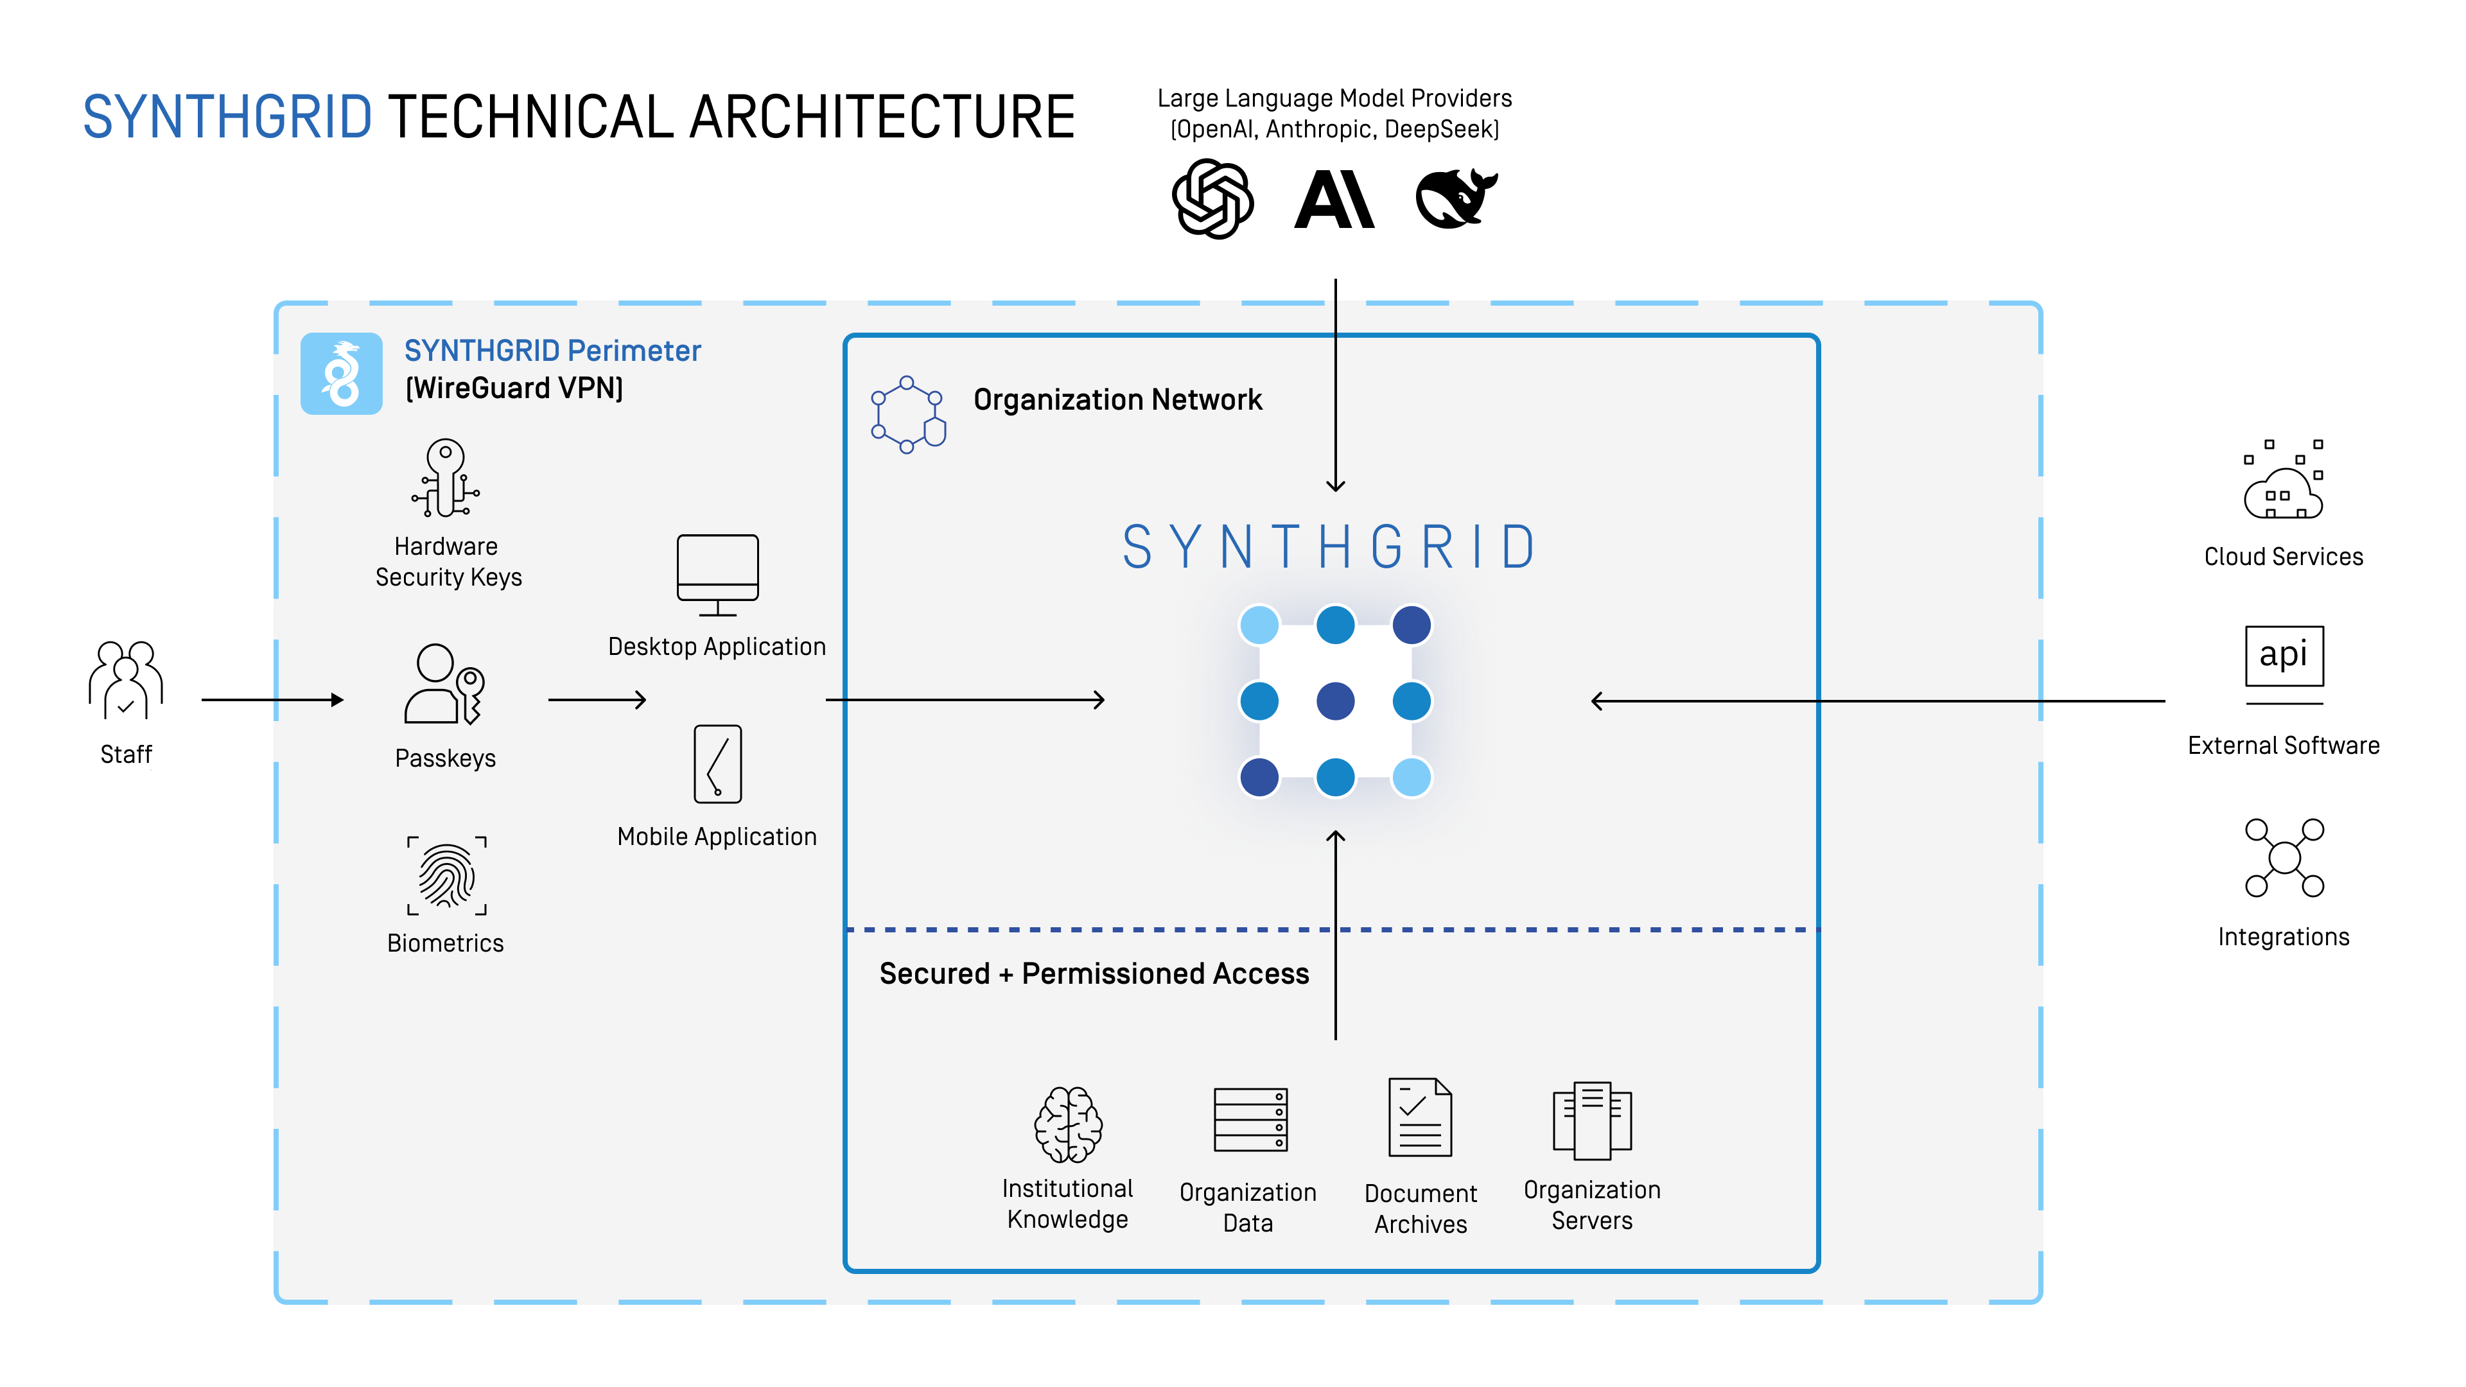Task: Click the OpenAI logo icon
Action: point(1213,199)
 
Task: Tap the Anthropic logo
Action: point(1334,199)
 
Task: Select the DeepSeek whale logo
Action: point(1455,199)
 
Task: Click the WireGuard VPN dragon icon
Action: point(342,374)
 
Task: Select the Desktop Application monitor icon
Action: point(718,574)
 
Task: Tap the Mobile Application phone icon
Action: point(718,764)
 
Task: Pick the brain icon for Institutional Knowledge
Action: point(1069,1125)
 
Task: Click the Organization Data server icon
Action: point(1250,1120)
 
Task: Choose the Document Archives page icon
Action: point(1421,1118)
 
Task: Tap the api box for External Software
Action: point(2284,656)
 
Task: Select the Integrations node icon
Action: point(2284,858)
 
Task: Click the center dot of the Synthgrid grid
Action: point(1336,701)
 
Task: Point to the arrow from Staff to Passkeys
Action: point(273,700)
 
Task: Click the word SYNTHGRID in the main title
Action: point(228,117)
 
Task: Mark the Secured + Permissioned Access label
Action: point(1094,973)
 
